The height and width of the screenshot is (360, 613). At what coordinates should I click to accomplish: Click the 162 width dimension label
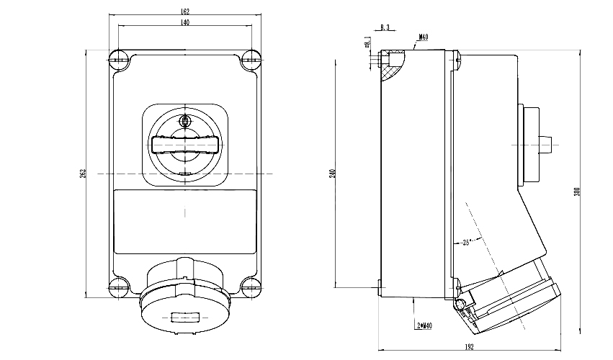coord(184,12)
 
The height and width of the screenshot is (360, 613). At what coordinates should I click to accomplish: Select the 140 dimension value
coord(184,24)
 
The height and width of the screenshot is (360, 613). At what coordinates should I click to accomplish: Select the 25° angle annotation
coord(466,243)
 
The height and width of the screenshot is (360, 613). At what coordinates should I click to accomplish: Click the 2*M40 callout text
coord(424,326)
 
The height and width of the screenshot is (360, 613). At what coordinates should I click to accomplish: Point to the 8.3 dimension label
coord(384,27)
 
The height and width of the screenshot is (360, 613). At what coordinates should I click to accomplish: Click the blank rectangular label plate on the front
coord(185,221)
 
